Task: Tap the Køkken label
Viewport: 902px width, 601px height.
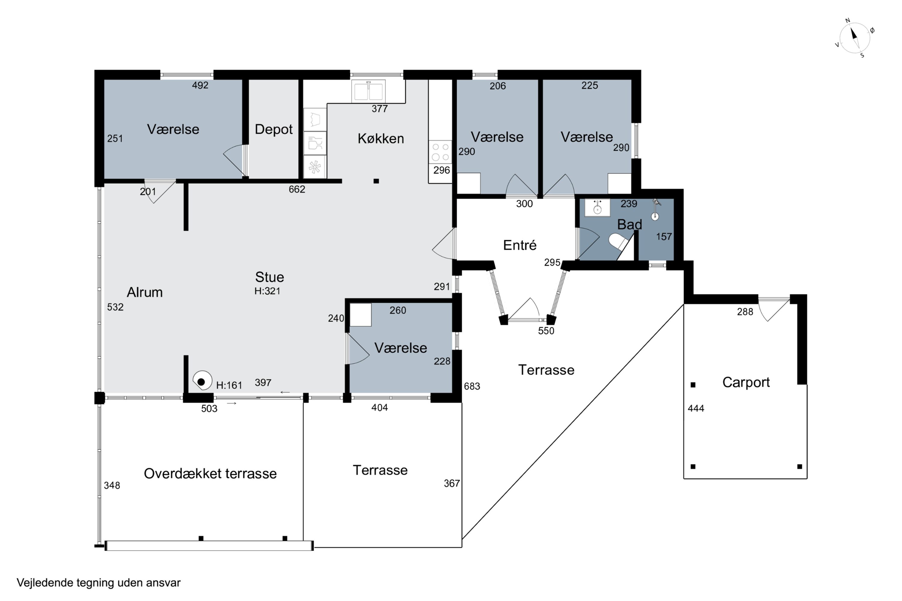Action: click(x=381, y=138)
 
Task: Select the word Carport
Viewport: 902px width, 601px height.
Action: click(x=746, y=382)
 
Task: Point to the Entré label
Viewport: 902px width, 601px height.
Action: click(x=520, y=245)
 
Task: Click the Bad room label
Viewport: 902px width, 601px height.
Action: click(x=629, y=224)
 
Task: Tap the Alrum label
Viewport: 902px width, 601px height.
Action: click(x=145, y=292)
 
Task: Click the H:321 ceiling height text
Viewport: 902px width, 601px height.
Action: click(x=267, y=291)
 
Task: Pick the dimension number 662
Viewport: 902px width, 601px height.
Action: click(x=297, y=189)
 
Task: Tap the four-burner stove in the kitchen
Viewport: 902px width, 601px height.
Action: click(x=440, y=152)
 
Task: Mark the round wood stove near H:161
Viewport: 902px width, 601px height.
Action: click(x=202, y=381)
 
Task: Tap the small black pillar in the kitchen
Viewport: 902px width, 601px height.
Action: click(x=376, y=181)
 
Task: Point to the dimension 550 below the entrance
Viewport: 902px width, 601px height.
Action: click(x=546, y=331)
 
